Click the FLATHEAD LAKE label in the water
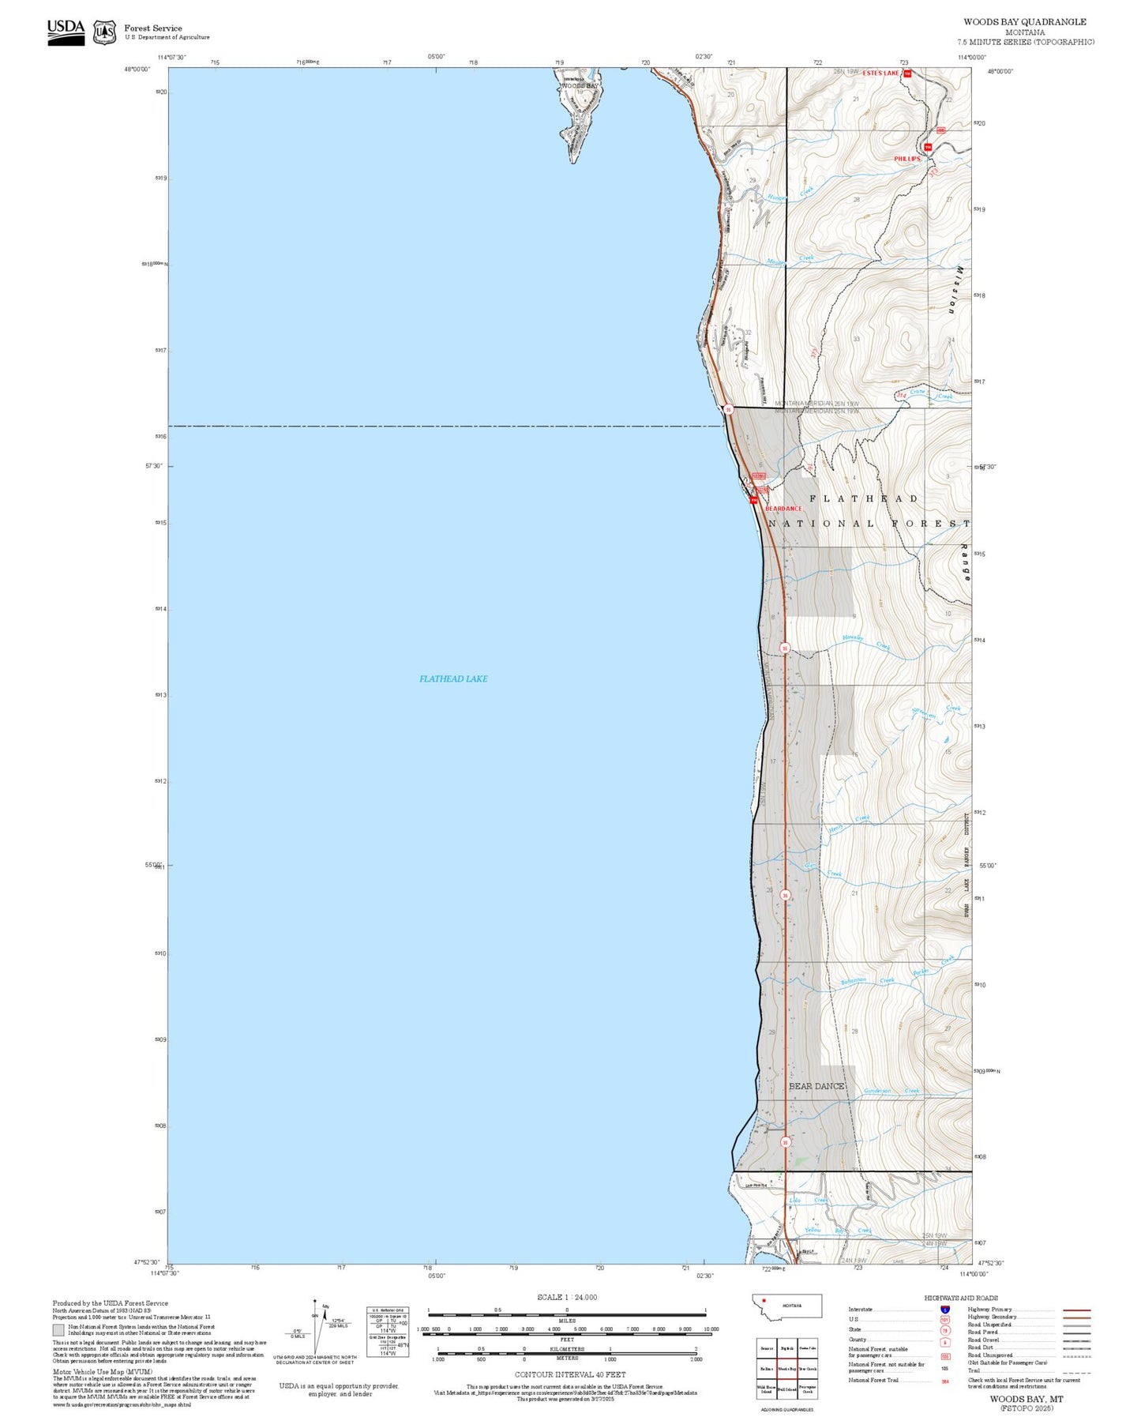[453, 678]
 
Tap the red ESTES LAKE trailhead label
[880, 73]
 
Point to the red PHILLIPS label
[907, 159]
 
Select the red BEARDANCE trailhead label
[783, 509]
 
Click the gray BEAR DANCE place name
[816, 1086]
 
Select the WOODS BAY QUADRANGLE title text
[1024, 22]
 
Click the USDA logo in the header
[66, 32]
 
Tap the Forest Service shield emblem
[104, 32]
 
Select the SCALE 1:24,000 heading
[566, 1297]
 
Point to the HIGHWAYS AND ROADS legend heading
[960, 1298]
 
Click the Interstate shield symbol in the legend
[945, 1309]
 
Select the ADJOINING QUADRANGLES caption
[786, 1409]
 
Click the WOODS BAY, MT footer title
[1026, 1398]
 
